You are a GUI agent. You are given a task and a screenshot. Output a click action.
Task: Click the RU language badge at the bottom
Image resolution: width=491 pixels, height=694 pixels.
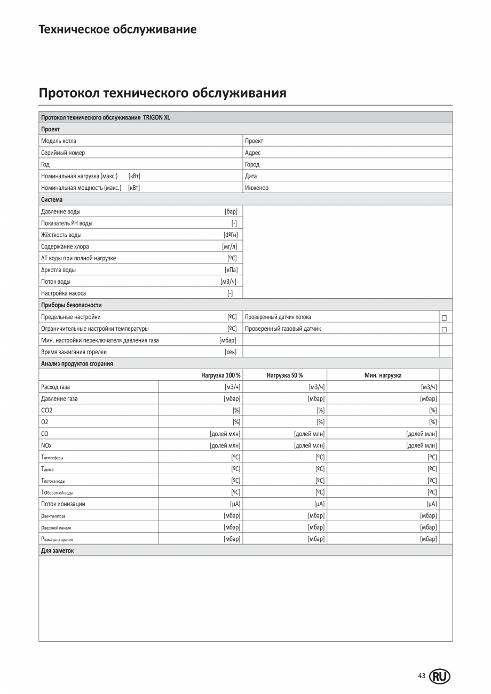pos(439,676)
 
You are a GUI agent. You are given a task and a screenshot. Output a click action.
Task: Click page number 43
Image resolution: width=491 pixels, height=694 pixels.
pos(422,676)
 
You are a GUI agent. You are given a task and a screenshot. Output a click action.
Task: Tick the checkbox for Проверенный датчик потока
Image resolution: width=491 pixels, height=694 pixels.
pos(444,317)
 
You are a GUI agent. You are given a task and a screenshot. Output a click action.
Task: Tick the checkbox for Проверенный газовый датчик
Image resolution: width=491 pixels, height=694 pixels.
pos(444,329)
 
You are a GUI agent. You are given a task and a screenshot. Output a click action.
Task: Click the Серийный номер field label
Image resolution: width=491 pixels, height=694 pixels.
pos(63,153)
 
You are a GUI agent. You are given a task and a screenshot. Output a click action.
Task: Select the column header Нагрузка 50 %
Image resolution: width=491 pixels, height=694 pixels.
pos(284,375)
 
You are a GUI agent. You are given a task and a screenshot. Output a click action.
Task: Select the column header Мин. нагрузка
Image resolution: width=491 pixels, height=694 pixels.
pos(383,375)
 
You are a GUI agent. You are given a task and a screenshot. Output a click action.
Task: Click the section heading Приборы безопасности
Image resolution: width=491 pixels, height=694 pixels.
pos(71,305)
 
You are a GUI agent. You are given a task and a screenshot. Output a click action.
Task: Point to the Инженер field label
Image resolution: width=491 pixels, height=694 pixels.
pos(257,188)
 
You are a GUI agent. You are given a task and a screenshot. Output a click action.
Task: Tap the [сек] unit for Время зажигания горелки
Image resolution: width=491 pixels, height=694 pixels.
pos(231,352)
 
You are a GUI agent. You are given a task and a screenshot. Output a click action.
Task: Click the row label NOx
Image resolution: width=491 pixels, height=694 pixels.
pos(46,445)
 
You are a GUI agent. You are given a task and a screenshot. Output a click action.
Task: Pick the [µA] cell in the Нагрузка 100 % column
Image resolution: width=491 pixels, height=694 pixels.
pos(234,504)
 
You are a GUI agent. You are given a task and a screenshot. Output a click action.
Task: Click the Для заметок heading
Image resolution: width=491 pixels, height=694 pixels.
pos(57,551)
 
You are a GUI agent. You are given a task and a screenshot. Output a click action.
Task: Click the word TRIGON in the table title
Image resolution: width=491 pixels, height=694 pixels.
pos(153,117)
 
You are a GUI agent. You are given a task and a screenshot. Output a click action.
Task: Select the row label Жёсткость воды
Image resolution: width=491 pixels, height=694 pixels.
pos(61,235)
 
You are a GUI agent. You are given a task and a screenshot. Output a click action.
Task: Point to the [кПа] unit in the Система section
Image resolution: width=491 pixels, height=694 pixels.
pos(231,270)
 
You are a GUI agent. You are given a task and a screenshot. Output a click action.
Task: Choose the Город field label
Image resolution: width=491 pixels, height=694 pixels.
pos(252,164)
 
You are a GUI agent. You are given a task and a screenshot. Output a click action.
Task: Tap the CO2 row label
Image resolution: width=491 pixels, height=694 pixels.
pos(47,410)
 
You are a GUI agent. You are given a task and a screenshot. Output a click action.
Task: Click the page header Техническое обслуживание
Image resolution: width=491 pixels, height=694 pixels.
pos(117,29)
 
